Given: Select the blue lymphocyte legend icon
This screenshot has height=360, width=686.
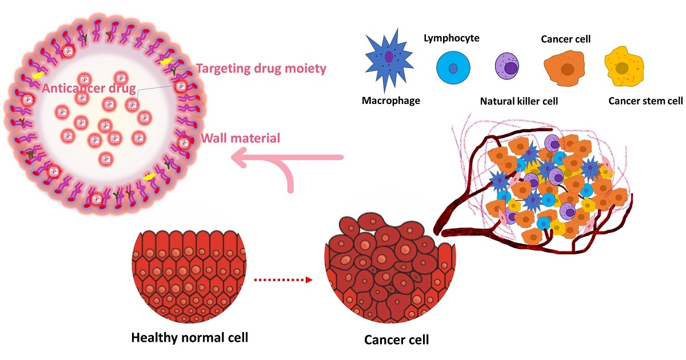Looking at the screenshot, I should [x=453, y=69].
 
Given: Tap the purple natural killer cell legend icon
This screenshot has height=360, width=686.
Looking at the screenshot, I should [x=507, y=68].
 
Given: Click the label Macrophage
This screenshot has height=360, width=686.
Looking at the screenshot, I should [x=391, y=101].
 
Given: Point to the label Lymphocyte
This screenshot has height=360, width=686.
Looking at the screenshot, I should [x=452, y=38].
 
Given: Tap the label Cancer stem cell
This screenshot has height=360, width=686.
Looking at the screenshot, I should [x=645, y=102].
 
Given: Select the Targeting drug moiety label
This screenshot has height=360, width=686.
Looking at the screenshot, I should [x=261, y=69].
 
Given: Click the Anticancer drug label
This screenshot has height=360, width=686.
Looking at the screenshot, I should [x=89, y=89].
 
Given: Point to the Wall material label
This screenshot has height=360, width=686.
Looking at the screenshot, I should [x=241, y=138].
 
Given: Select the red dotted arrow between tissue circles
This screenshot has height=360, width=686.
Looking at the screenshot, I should [x=284, y=280].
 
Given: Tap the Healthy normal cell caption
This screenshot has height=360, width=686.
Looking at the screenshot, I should [x=190, y=337].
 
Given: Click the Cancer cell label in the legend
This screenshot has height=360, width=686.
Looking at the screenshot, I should [x=565, y=39].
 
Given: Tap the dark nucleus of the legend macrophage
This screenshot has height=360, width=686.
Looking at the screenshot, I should [x=389, y=57].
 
